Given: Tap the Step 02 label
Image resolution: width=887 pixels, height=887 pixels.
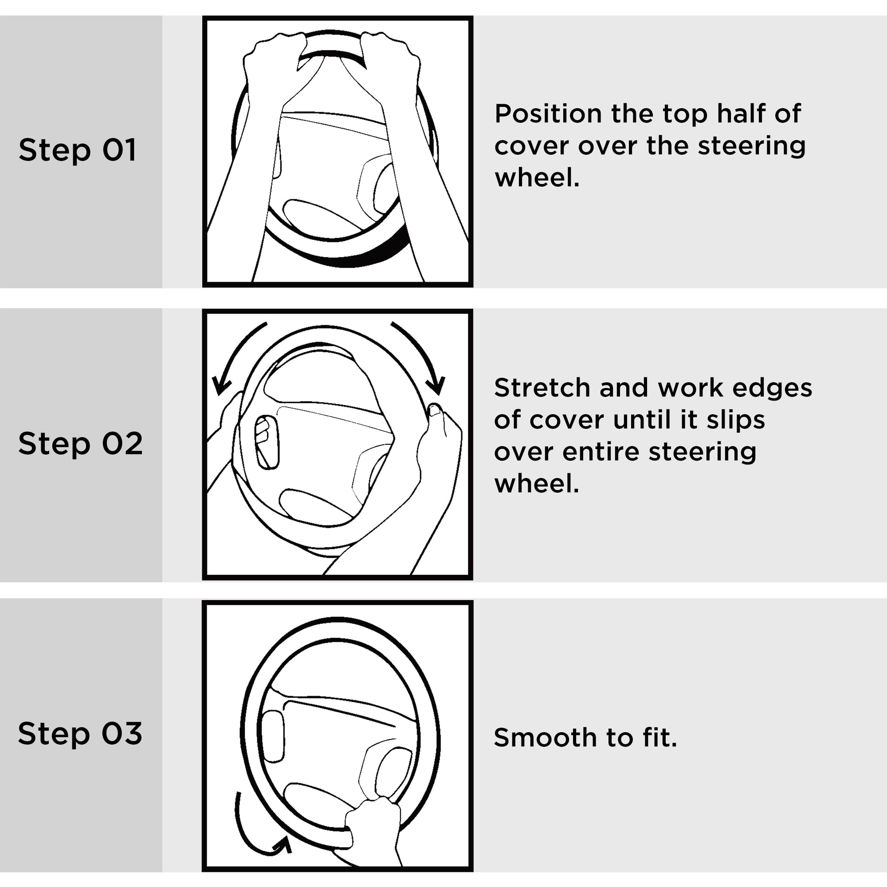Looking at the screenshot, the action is (x=80, y=443).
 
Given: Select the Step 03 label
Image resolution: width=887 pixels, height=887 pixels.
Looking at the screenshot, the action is (x=80, y=733).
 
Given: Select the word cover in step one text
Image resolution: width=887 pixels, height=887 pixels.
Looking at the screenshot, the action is (x=533, y=146).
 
